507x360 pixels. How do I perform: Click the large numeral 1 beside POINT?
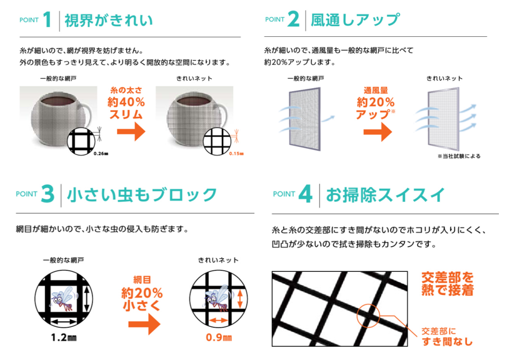[48, 19]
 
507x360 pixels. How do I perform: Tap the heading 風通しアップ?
[355, 20]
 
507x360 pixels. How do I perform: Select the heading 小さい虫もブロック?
[142, 195]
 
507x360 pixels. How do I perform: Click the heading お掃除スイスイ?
[385, 195]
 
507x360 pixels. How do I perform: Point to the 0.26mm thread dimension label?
[101, 154]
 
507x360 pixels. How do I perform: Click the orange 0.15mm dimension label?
[236, 154]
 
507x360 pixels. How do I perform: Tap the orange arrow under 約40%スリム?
[131, 131]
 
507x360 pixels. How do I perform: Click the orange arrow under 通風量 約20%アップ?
[378, 132]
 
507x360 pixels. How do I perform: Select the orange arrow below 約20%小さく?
[144, 324]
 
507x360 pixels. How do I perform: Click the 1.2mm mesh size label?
[64, 337]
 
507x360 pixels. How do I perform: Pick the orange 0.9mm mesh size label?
[219, 337]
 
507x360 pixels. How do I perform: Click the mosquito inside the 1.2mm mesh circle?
[64, 299]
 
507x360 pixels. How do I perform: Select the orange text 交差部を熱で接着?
[448, 284]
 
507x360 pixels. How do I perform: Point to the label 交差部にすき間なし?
[447, 336]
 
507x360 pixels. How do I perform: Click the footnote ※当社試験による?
[459, 156]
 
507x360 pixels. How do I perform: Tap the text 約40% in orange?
[126, 102]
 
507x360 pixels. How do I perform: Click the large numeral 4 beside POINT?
[305, 194]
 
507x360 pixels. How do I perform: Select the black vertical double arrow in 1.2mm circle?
[86, 299]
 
